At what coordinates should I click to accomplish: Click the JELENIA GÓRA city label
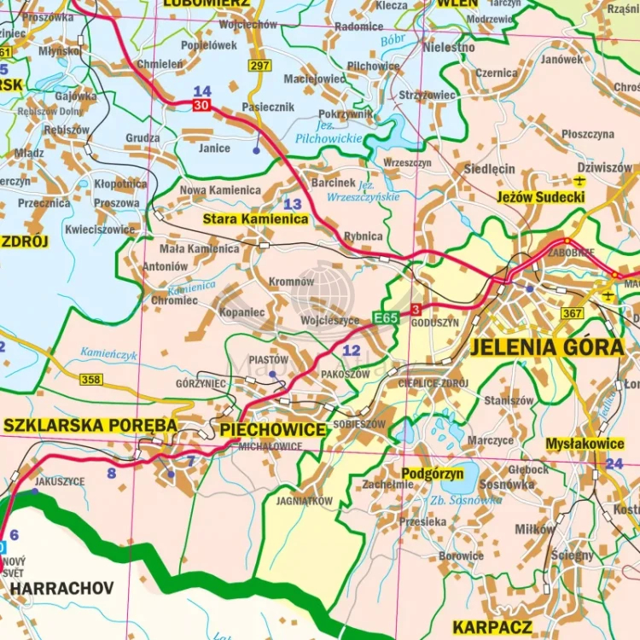click(546, 347)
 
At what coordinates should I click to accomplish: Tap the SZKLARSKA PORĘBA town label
click(90, 425)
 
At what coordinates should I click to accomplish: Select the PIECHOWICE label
click(273, 429)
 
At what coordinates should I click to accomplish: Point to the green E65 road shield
click(386, 318)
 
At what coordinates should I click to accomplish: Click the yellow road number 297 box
click(259, 66)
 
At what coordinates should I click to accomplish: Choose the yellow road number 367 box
click(573, 314)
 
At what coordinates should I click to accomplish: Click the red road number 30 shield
click(201, 105)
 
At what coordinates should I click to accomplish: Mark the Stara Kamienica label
click(255, 219)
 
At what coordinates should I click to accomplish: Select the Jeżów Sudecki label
click(540, 197)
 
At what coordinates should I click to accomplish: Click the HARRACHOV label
click(63, 589)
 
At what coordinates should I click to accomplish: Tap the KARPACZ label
click(492, 627)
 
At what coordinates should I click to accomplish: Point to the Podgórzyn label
click(433, 473)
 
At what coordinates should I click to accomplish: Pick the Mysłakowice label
click(585, 444)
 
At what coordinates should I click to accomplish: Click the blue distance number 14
click(202, 91)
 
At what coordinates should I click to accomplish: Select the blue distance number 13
click(293, 204)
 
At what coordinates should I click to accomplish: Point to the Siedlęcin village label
click(489, 169)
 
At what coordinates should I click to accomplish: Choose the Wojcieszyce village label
click(330, 321)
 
